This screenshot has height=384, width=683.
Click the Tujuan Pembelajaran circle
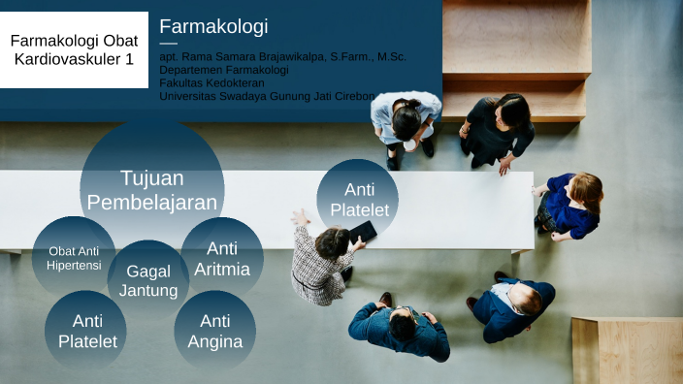152,189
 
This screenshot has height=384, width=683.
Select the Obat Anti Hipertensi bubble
74,257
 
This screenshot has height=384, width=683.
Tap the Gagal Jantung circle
148,280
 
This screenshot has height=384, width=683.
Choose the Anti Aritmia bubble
222,258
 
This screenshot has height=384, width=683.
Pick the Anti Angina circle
214,330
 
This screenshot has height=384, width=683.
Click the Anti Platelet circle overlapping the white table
358,199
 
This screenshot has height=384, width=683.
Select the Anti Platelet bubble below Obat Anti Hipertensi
86,330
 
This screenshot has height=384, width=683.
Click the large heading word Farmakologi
213,26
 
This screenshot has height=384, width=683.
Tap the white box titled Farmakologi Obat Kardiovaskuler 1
74,49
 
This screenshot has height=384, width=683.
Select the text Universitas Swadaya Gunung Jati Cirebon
267,95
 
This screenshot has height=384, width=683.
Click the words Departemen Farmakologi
222,70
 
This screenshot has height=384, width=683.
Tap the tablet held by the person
363,232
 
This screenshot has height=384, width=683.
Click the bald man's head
527,301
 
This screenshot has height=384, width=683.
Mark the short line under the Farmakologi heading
168,44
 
